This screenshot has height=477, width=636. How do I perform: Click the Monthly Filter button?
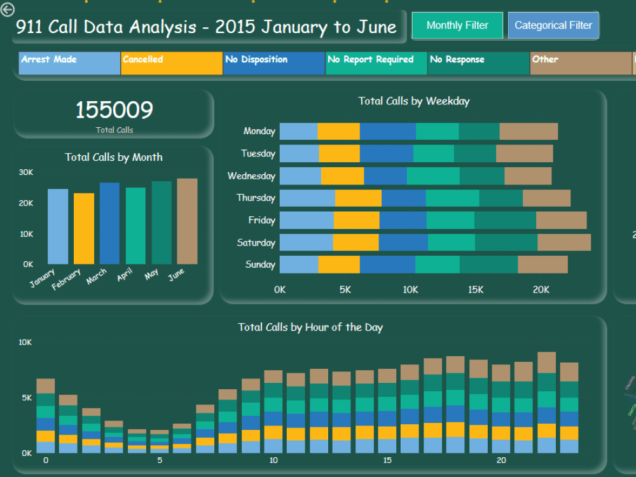[x=457, y=25]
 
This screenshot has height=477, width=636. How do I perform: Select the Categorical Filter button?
[x=553, y=25]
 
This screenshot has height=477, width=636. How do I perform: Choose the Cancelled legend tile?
[x=172, y=64]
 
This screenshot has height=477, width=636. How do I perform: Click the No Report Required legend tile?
[x=376, y=64]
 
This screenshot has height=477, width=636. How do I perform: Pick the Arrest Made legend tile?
[x=69, y=64]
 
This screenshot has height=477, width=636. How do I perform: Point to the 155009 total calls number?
[x=114, y=110]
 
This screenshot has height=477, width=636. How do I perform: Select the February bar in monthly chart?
[x=84, y=228]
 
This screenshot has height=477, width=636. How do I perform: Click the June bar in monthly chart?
[x=187, y=221]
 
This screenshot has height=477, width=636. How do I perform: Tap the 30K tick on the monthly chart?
[x=26, y=172]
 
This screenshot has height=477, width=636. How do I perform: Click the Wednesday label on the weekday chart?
[x=251, y=176]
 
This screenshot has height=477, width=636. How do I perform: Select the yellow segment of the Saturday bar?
[x=356, y=242]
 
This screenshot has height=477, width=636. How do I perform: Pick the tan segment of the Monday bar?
[x=529, y=132]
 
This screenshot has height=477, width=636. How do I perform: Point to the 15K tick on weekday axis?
[x=476, y=289]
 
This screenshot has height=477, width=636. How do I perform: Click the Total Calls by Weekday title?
[x=413, y=100]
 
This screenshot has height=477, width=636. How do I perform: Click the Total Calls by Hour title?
[x=310, y=327]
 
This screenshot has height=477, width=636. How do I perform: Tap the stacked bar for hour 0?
[x=46, y=416]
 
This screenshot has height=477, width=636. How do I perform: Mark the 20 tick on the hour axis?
[x=501, y=460]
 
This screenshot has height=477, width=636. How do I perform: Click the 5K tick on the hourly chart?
[x=26, y=398]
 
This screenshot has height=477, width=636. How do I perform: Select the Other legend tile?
[x=581, y=64]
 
